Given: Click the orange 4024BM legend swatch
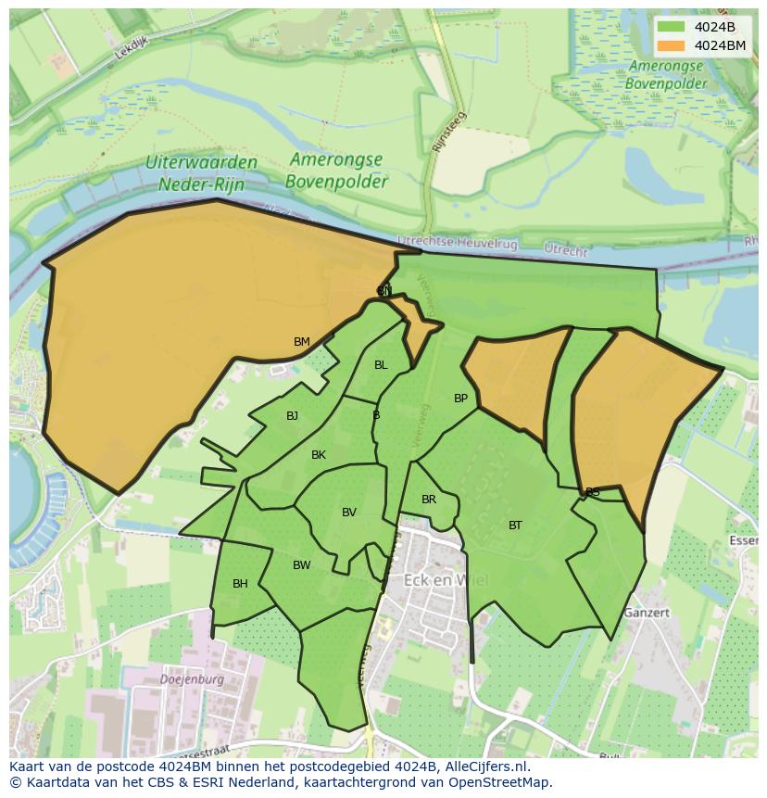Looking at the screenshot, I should click(672, 45).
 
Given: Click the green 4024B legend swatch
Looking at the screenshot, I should click(672, 27).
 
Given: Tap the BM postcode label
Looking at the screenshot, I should click(302, 342).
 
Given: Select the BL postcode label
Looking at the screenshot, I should click(381, 365).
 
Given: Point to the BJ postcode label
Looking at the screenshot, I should click(293, 416).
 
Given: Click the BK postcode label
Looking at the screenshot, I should click(319, 455).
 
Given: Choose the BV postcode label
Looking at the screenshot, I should click(349, 513).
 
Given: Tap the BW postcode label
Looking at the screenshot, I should click(302, 565).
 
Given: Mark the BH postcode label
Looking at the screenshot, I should click(240, 584).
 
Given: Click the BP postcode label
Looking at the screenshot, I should click(460, 399).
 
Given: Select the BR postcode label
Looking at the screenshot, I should click(429, 500).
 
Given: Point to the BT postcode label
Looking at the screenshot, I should click(515, 526).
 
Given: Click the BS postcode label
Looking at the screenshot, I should click(593, 492).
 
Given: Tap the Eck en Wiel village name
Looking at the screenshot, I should click(446, 580).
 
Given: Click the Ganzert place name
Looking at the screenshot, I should click(646, 613).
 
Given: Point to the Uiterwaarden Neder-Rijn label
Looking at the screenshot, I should click(201, 172).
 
